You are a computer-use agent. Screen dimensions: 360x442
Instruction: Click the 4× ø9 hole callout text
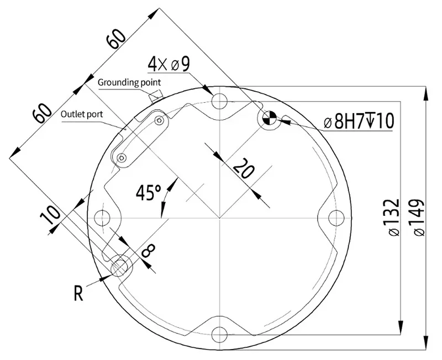tap(168, 64)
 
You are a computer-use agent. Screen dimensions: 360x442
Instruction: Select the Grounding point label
tap(129, 82)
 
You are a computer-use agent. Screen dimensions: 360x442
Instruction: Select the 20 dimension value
tap(243, 168)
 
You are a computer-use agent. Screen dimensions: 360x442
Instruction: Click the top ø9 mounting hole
tap(220, 101)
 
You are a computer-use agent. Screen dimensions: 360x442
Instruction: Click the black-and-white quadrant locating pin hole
tap(270, 118)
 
